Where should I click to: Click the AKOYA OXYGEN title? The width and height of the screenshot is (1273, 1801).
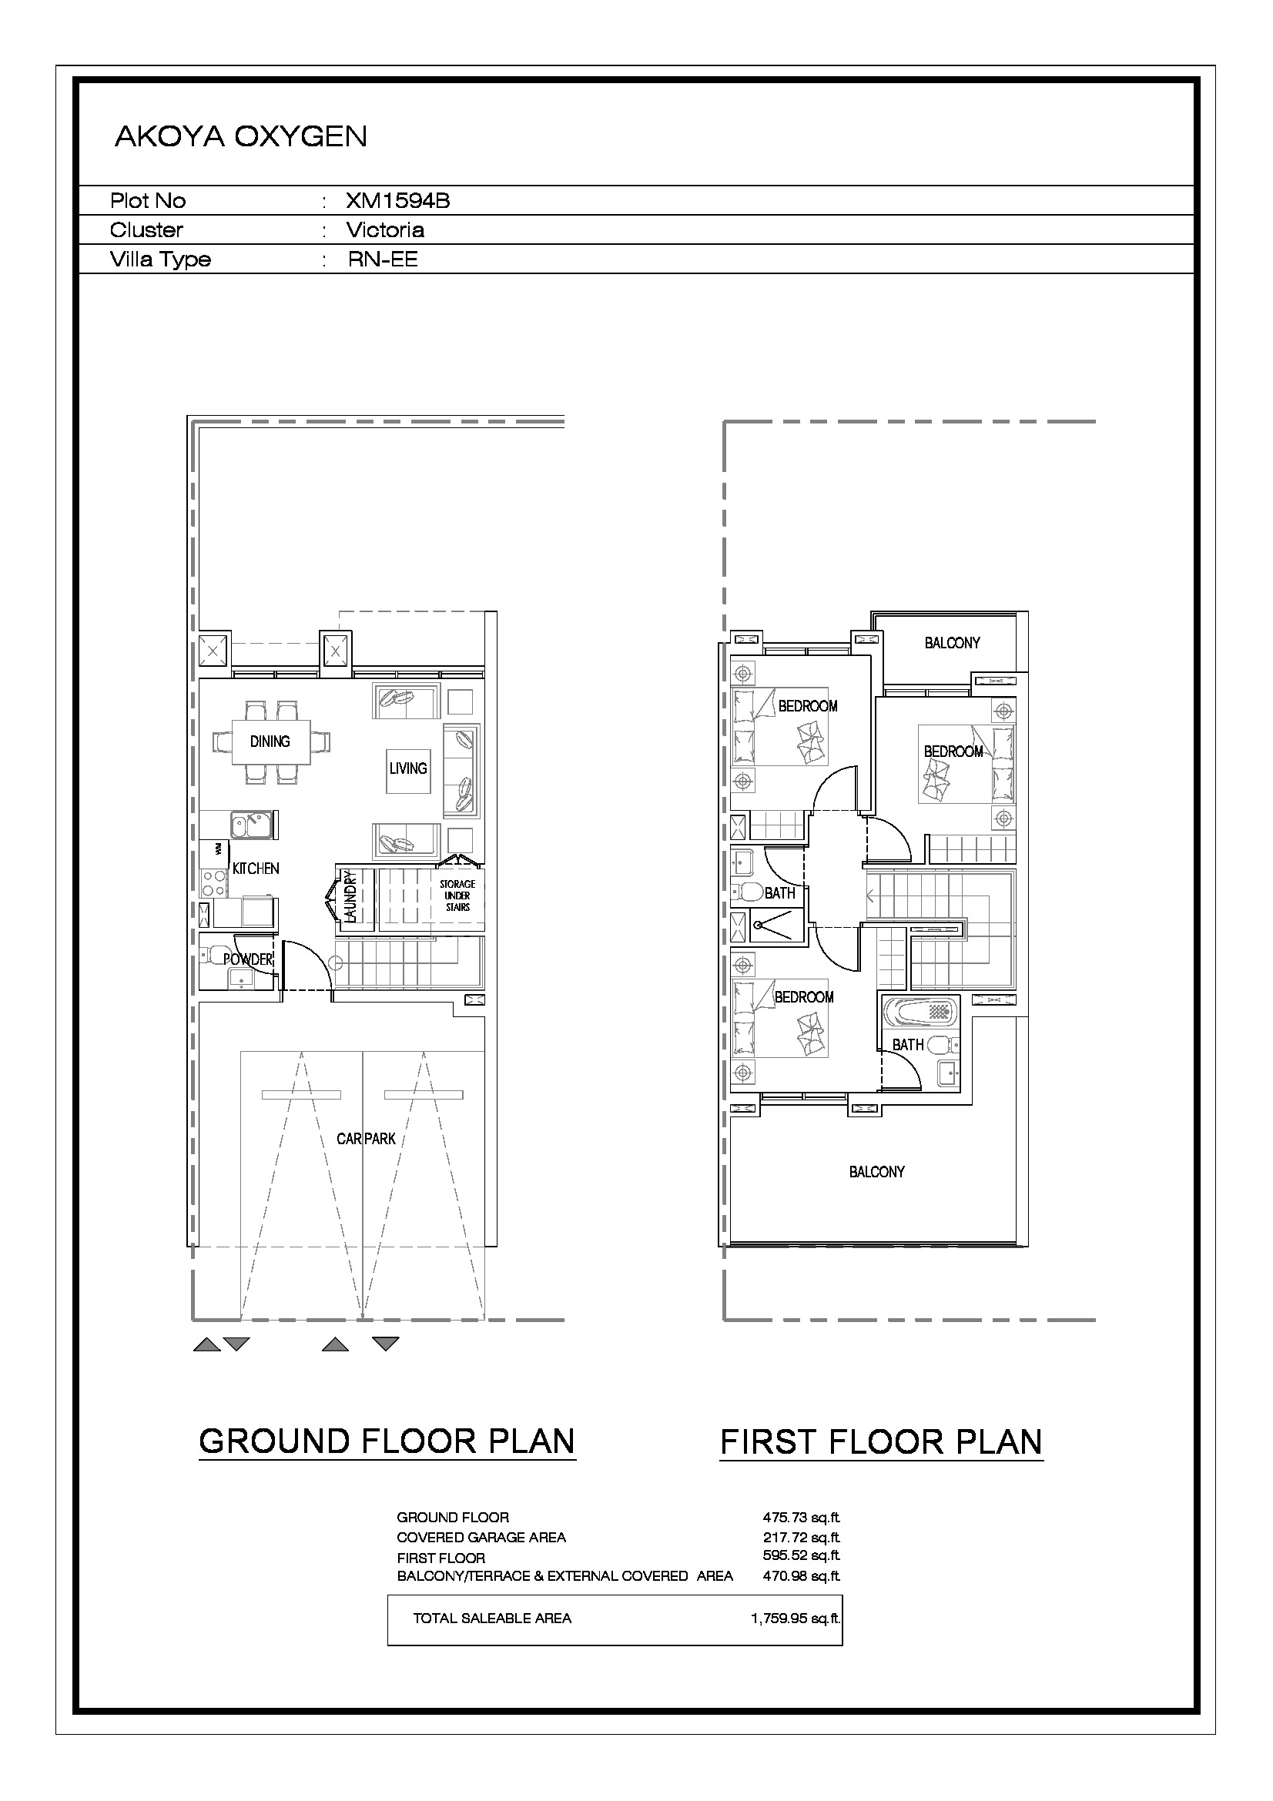241,136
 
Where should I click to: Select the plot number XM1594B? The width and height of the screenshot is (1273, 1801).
397,201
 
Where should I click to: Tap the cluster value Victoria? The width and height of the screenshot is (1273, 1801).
385,229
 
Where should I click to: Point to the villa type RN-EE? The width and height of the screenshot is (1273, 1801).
383,259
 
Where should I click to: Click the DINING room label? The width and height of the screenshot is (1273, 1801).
270,741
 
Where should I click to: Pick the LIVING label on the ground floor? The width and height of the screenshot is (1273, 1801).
408,768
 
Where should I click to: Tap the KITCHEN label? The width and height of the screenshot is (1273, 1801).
256,869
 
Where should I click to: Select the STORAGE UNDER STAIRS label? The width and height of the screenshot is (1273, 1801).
457,895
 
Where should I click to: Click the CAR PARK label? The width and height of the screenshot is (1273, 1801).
367,1139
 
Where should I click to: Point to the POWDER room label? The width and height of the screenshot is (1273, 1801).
248,959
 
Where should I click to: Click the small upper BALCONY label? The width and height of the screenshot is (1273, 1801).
952,643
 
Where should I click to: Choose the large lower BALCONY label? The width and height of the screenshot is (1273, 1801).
877,1172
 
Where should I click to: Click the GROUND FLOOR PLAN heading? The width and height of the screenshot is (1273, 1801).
387,1441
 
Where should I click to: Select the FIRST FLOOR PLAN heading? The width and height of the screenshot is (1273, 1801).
882,1441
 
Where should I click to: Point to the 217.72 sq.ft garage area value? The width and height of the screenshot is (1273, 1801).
801,1537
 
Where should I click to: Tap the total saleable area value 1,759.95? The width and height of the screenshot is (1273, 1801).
796,1618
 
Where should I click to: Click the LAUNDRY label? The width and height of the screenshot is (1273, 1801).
350,896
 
